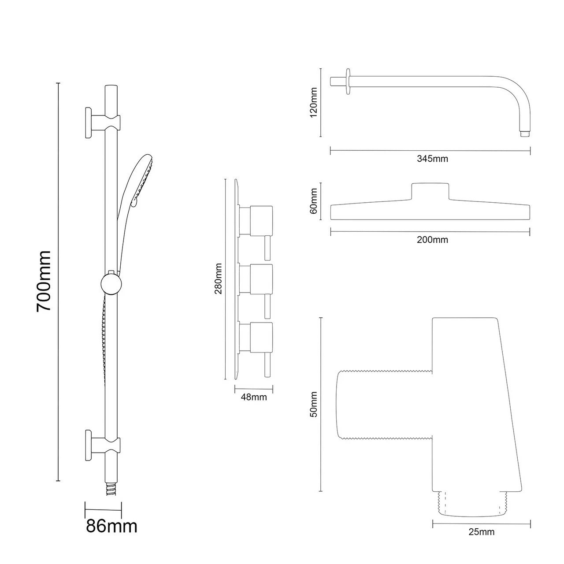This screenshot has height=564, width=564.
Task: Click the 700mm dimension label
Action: pyautogui.click(x=44, y=281)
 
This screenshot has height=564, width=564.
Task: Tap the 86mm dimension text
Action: pyautogui.click(x=111, y=526)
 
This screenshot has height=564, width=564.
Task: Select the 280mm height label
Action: pyautogui.click(x=218, y=278)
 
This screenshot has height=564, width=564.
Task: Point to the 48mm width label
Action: pyautogui.click(x=254, y=397)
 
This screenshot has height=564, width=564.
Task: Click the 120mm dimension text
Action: pyautogui.click(x=314, y=102)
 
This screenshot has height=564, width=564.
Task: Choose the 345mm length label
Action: pyautogui.click(x=432, y=159)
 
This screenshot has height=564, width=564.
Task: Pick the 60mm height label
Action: pyautogui.click(x=314, y=200)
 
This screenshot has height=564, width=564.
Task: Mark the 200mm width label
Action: pyautogui.click(x=432, y=240)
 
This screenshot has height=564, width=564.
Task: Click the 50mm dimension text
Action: pyautogui.click(x=314, y=404)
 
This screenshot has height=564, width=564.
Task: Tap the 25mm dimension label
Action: pyautogui.click(x=481, y=532)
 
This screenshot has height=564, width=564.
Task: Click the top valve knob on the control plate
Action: pyautogui.click(x=261, y=220)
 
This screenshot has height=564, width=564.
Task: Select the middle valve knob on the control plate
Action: pyautogui.click(x=261, y=279)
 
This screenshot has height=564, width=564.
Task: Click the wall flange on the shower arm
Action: pyautogui.click(x=349, y=81)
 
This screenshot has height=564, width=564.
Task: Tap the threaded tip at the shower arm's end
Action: pyautogui.click(x=524, y=133)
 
